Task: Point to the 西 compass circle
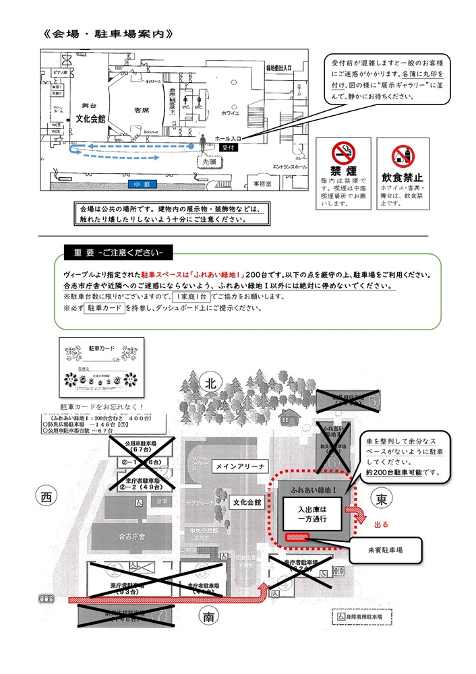(x=46, y=497)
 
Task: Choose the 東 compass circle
(x=380, y=501)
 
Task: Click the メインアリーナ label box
(x=239, y=466)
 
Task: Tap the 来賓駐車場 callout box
(x=384, y=550)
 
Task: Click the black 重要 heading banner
(x=118, y=253)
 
